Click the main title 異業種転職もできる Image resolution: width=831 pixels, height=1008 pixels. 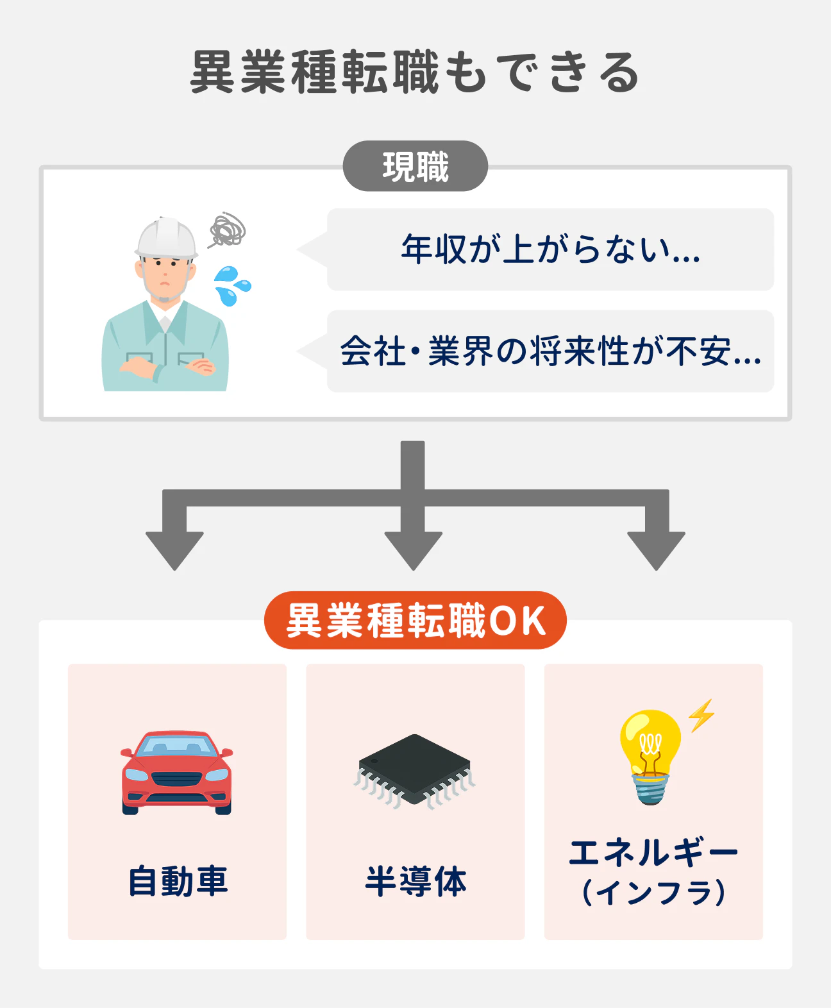415,72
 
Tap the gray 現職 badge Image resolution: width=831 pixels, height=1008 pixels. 415,167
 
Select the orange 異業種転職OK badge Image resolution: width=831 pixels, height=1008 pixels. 415,620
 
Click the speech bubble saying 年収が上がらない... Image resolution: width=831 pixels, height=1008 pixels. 550,249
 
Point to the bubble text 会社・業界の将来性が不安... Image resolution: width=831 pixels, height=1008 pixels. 550,351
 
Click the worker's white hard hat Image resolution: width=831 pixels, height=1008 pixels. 166,238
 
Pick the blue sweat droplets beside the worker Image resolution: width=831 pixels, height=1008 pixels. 231,286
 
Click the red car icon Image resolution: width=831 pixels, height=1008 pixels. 176,773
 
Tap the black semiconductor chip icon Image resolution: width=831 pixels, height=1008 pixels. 415,769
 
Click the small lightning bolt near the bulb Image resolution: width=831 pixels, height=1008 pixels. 701,715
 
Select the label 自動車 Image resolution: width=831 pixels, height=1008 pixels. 178,881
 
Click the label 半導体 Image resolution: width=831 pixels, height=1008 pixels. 415,881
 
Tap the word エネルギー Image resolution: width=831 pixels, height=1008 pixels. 653,853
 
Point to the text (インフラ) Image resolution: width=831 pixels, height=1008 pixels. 653,892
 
